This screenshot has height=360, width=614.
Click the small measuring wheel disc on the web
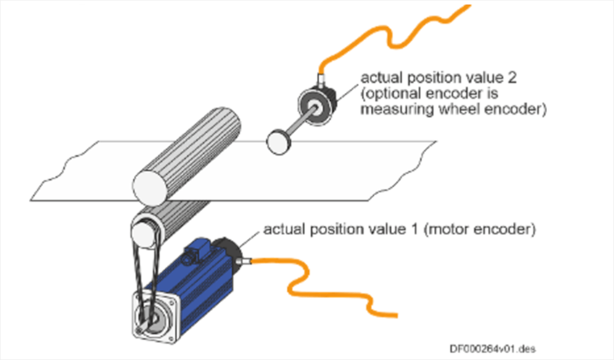[279, 142]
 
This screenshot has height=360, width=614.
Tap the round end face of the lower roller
[143, 233]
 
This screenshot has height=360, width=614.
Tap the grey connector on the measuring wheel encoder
[321, 81]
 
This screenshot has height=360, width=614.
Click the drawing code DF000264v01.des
[492, 349]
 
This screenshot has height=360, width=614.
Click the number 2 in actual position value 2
[511, 78]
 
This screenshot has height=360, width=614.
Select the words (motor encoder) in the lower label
[479, 229]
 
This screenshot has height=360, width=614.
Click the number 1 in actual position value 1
[415, 229]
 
